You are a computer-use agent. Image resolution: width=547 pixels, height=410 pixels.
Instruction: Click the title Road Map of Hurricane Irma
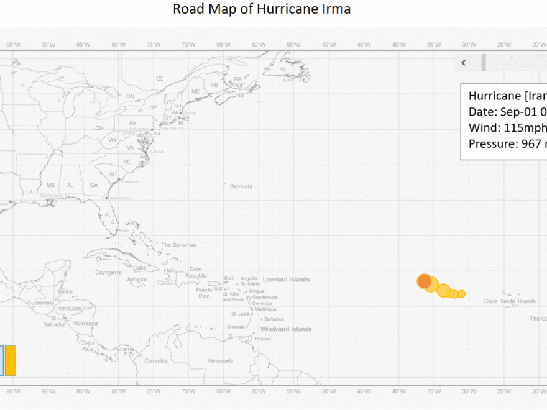(261, 9)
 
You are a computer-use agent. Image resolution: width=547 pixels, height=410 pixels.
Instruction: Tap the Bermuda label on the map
(241, 186)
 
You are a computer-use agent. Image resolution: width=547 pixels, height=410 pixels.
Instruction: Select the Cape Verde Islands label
(510, 301)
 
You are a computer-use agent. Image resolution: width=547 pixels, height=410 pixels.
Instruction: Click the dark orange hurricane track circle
(425, 281)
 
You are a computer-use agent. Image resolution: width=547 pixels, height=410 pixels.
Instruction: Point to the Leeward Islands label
(286, 280)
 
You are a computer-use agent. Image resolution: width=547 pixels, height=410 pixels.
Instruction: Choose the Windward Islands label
(286, 329)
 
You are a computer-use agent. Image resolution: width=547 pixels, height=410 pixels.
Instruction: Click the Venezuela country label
(220, 360)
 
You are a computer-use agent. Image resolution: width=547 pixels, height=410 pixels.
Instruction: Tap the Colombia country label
(155, 360)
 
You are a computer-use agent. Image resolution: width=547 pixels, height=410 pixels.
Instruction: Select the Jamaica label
(136, 279)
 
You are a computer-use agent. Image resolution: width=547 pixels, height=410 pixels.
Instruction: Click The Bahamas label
(178, 245)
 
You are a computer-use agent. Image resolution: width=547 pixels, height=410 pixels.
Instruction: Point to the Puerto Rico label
(204, 293)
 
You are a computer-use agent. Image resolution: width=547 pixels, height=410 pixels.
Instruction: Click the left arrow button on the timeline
(463, 63)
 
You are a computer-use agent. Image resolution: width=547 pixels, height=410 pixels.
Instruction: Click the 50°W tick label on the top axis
(329, 45)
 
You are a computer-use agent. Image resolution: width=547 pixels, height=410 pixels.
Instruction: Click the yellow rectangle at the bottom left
(11, 361)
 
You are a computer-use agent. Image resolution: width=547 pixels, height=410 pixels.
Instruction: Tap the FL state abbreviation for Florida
(108, 216)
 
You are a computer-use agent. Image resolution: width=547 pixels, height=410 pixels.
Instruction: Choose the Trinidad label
(262, 339)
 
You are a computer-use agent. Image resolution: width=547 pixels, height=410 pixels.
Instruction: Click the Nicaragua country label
(85, 323)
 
